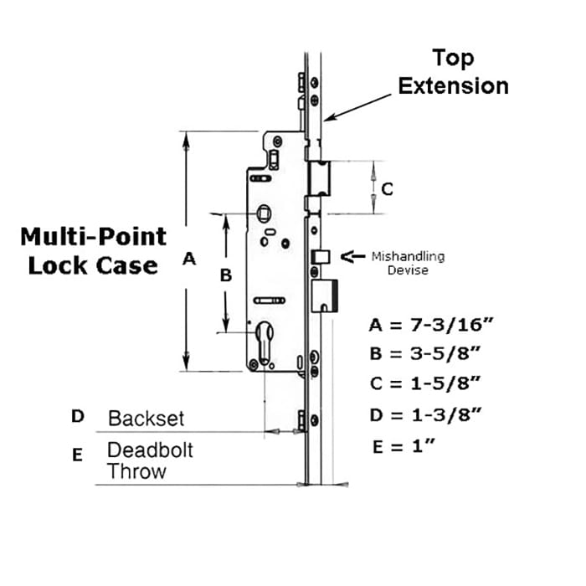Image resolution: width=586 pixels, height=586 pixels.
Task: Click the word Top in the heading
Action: [453, 59]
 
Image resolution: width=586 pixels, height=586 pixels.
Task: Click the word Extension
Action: [454, 86]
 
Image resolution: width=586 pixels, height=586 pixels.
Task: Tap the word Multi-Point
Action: [93, 237]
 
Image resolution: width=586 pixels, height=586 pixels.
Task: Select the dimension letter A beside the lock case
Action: [189, 259]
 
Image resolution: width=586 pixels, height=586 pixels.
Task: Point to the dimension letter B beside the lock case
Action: [226, 275]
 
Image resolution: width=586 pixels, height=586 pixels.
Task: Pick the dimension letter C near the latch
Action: [387, 189]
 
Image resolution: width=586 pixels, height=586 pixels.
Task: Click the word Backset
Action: [146, 419]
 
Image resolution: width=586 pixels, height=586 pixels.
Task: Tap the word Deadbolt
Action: [150, 450]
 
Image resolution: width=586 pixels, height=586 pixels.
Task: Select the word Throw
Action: [136, 471]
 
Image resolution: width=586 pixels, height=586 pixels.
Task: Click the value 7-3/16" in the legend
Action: [452, 325]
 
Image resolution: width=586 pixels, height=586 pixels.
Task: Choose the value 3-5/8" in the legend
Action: [445, 353]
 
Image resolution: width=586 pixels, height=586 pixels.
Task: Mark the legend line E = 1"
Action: [404, 446]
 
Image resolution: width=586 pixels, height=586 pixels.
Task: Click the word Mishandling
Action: [409, 257]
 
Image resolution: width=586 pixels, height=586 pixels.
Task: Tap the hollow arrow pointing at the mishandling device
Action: [352, 256]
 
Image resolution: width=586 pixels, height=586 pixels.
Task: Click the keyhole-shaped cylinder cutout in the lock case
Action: [265, 342]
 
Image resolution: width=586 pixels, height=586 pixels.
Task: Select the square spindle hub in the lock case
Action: [264, 213]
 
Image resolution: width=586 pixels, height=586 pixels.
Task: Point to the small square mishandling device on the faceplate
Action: [321, 257]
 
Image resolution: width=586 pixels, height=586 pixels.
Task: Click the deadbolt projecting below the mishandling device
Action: [325, 296]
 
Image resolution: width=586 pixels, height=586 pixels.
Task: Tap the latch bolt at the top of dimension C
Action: [319, 178]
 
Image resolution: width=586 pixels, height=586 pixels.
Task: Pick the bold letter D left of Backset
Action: [78, 416]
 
